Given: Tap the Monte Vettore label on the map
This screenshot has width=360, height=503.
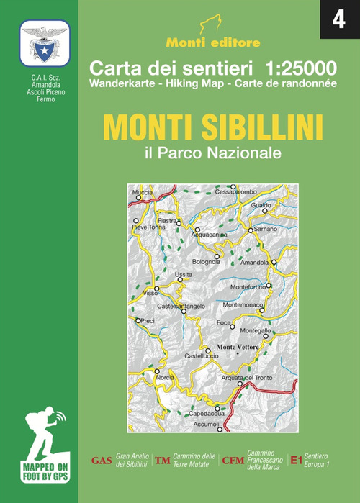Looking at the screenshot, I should pyautogui.click(x=238, y=349).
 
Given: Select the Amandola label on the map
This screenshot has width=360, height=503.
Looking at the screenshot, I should pyautogui.click(x=254, y=263).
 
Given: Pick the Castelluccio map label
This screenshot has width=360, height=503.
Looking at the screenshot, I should pyautogui.click(x=201, y=357).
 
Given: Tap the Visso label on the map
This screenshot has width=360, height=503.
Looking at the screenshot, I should pyautogui.click(x=150, y=294).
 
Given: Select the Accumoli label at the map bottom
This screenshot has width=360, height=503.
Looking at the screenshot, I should pyautogui.click(x=207, y=425).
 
